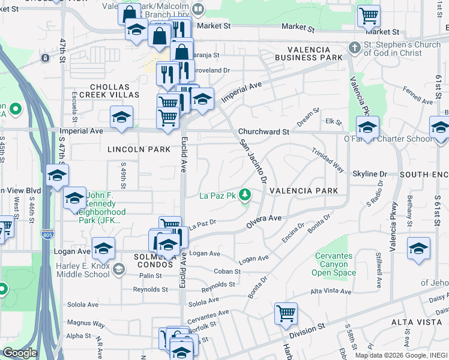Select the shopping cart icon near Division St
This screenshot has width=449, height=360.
tap(286, 313)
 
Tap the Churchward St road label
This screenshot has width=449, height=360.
tap(264, 131)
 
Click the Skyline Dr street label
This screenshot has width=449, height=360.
tap(369, 174)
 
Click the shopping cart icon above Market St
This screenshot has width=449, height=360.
tap(369, 16)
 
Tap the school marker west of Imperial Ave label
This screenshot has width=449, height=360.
tap(121, 118)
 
